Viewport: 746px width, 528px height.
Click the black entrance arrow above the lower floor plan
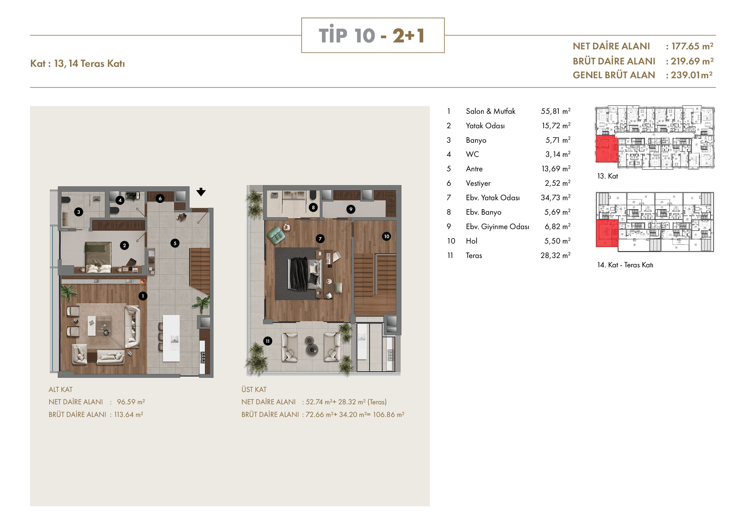coord(201,192)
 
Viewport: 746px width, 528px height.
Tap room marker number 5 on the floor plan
coord(175,243)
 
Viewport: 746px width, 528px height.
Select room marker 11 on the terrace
coord(267,341)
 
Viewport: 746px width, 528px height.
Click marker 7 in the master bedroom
coord(320,239)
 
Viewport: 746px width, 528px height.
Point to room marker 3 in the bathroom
coord(79,212)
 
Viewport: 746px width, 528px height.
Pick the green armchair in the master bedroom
coord(276,235)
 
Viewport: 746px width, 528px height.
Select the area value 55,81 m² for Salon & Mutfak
coord(556,111)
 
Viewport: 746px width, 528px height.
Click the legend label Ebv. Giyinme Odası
coord(498,227)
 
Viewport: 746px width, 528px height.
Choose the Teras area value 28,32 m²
coord(556,256)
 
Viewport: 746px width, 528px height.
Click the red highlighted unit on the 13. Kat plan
coord(607,149)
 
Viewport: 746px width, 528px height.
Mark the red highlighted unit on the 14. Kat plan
coord(607,233)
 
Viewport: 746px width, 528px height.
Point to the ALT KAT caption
coord(60,390)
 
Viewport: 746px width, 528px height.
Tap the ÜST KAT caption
coord(254,390)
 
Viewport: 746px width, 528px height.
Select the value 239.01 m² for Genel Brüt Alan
coord(692,75)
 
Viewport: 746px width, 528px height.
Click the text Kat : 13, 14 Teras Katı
coord(77,64)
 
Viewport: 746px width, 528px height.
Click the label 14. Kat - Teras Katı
coord(625,265)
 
